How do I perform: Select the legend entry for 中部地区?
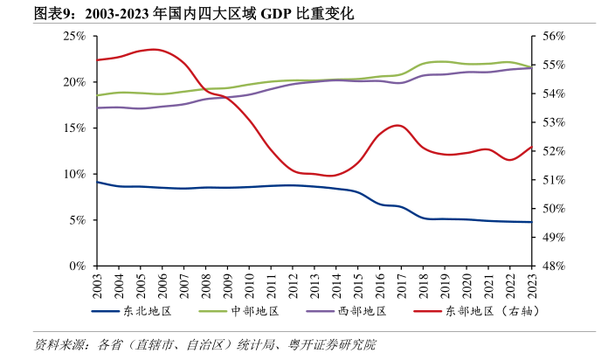[x=254, y=311]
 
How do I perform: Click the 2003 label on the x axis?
[x=96, y=283]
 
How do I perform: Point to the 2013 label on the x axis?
[x=314, y=283]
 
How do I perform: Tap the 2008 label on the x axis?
[x=205, y=283]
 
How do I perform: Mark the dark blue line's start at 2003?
[x=96, y=182]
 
